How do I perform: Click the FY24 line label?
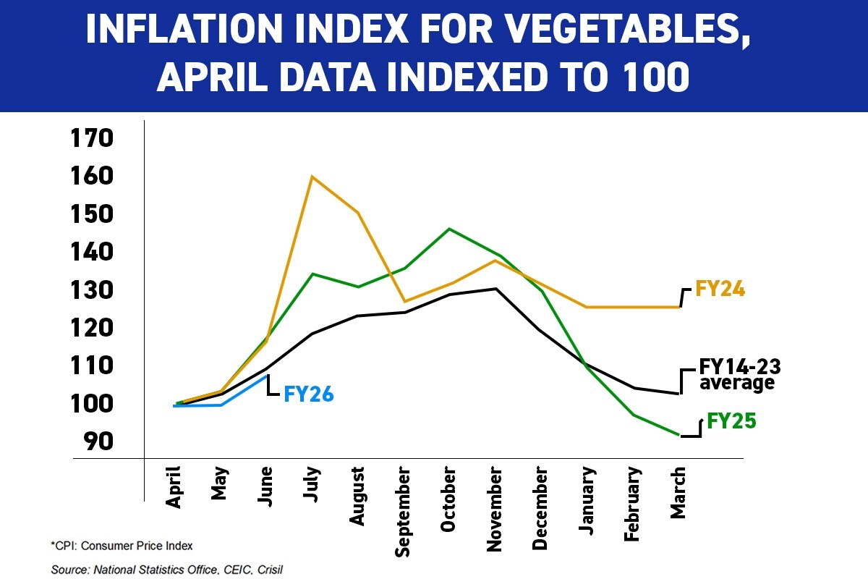click(x=720, y=289)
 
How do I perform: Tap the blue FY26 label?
click(x=309, y=394)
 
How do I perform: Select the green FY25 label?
click(x=731, y=420)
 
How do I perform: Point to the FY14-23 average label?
click(x=736, y=374)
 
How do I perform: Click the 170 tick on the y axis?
click(x=92, y=138)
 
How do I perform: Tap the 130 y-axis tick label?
click(x=92, y=289)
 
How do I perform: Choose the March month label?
click(x=678, y=493)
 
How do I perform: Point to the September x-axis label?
click(x=403, y=512)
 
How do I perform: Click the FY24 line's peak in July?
click(x=312, y=176)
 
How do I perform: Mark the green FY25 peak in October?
click(x=449, y=229)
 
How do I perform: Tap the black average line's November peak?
click(x=495, y=289)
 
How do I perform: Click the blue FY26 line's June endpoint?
click(x=268, y=376)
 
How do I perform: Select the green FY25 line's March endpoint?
click(x=678, y=435)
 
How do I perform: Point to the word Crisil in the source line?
click(x=265, y=570)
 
